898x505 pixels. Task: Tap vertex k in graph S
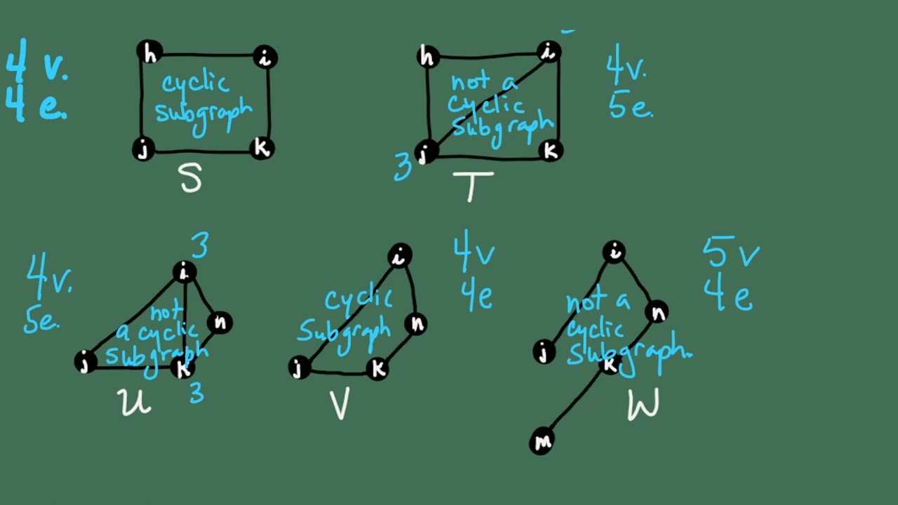pos(262,149)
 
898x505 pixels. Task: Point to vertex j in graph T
pos(425,152)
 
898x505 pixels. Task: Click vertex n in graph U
pos(220,323)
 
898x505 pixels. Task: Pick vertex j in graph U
pos(86,363)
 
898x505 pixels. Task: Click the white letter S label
pos(191,179)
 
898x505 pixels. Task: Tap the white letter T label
pos(473,186)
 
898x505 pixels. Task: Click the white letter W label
pos(643,405)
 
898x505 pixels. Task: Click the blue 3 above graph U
pos(200,246)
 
